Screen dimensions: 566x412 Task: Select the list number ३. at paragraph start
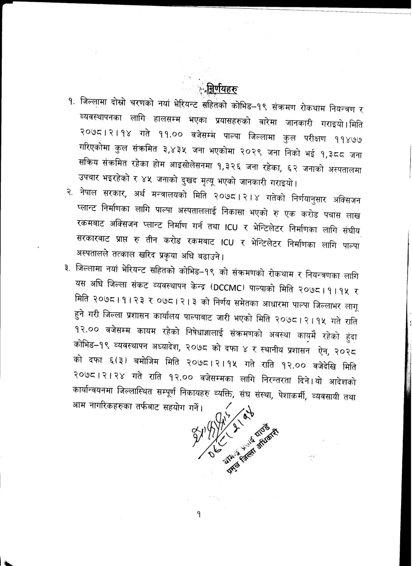coord(67,267)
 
